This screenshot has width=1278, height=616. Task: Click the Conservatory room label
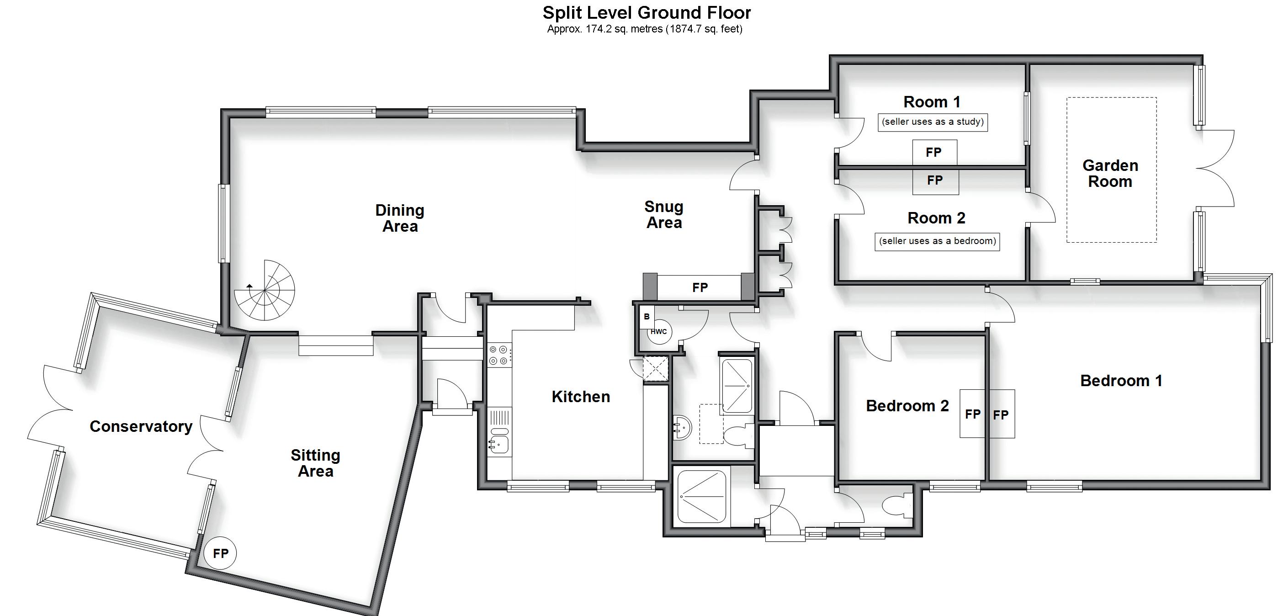coord(141,426)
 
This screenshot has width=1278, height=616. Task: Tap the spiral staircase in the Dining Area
coord(265,290)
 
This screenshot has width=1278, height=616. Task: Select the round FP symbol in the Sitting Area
coord(220,553)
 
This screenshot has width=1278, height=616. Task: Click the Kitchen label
coord(580,397)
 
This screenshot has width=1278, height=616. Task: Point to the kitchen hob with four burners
coord(498,355)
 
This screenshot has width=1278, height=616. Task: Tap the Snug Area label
coord(664,214)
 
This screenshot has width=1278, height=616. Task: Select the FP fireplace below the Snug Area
coord(700,287)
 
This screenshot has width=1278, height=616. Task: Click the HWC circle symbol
coord(659,332)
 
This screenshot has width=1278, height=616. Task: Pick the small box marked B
coord(647,317)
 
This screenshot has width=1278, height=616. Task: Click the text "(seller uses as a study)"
coord(933,122)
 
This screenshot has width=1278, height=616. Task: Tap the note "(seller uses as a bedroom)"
coord(937,241)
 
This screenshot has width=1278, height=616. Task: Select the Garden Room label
coord(1110,173)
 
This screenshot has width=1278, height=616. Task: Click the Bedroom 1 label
coord(1121,381)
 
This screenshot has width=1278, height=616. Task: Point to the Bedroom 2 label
coord(907,406)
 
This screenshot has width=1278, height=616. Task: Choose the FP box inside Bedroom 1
coord(1001,414)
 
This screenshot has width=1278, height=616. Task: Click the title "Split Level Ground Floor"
coord(647,12)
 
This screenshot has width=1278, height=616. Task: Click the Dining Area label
coord(400,218)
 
